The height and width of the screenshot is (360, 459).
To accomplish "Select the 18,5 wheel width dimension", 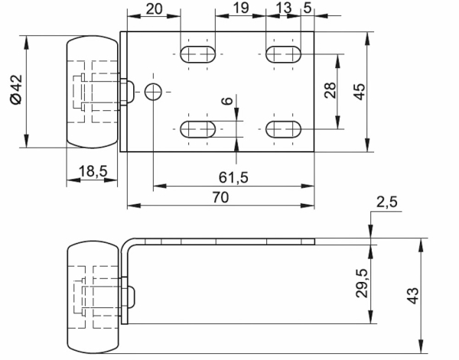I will click(x=93, y=171).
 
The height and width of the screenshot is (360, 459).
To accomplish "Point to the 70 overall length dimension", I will click(x=220, y=197).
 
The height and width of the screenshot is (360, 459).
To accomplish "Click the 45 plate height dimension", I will click(x=360, y=91).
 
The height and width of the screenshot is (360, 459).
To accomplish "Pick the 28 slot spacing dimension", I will click(x=330, y=91).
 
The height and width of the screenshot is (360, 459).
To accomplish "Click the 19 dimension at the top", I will click(x=239, y=8).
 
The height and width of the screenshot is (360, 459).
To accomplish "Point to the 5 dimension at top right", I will click(x=307, y=8).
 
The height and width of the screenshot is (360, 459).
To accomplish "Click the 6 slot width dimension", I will click(x=226, y=102).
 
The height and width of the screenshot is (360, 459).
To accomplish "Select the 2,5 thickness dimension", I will click(x=387, y=203).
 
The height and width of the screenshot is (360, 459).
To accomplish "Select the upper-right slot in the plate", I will click(x=283, y=54).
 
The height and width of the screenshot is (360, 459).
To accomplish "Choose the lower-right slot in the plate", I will click(x=283, y=128).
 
